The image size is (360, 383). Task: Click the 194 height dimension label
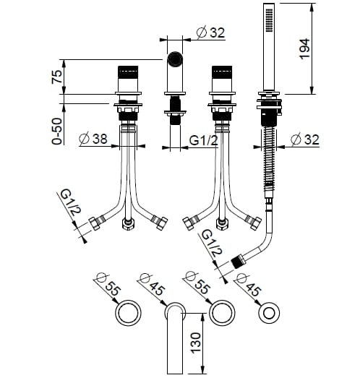pos(304,49)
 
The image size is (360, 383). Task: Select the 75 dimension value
pos(57,77)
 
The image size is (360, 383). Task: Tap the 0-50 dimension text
pos(57,132)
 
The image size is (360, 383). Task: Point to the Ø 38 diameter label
pos(93,139)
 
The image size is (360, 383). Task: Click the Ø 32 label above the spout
pos(210,33)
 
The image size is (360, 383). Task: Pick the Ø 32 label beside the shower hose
pos(305,139)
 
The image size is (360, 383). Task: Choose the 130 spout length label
pos(196,343)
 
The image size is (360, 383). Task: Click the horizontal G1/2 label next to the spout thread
pos(203,140)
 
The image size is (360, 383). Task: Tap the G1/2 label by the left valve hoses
pos(71,202)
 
